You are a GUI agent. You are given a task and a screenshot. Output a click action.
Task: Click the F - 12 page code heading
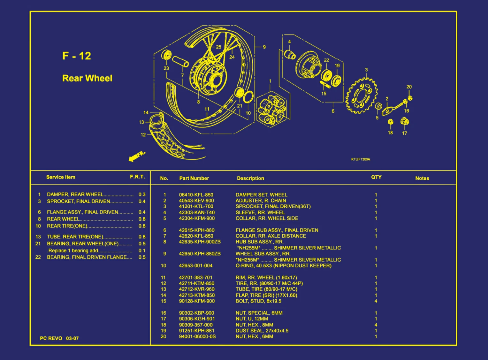[x=77, y=56]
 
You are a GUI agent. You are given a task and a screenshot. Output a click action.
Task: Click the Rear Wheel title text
[x=87, y=78]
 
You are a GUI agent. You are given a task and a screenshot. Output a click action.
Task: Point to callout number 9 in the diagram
[x=264, y=47]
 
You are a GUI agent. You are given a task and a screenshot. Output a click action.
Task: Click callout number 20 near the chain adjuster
[x=409, y=87]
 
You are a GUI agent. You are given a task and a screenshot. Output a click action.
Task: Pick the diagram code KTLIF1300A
[x=361, y=159]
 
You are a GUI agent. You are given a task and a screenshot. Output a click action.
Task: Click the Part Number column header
[x=194, y=178]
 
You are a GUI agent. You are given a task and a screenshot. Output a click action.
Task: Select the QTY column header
[x=376, y=177]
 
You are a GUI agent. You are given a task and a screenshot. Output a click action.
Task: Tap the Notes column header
[x=422, y=178]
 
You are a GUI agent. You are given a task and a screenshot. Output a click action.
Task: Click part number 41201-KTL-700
[x=196, y=206]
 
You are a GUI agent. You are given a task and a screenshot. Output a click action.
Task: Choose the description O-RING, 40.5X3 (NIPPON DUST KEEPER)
[x=283, y=265]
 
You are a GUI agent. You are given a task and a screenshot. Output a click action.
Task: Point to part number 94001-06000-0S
[x=197, y=336]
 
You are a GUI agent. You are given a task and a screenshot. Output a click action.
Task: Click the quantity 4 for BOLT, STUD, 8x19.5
[x=376, y=301]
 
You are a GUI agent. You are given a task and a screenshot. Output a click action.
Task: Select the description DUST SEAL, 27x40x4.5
[x=262, y=331]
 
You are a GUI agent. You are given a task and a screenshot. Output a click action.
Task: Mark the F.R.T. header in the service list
[x=137, y=177]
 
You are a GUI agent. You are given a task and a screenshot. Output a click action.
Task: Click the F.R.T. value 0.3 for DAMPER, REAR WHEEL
[x=142, y=194]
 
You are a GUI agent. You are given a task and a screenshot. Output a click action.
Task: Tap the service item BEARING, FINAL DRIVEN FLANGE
[x=89, y=257]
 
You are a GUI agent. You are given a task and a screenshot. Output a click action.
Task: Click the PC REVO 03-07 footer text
[x=59, y=338]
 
